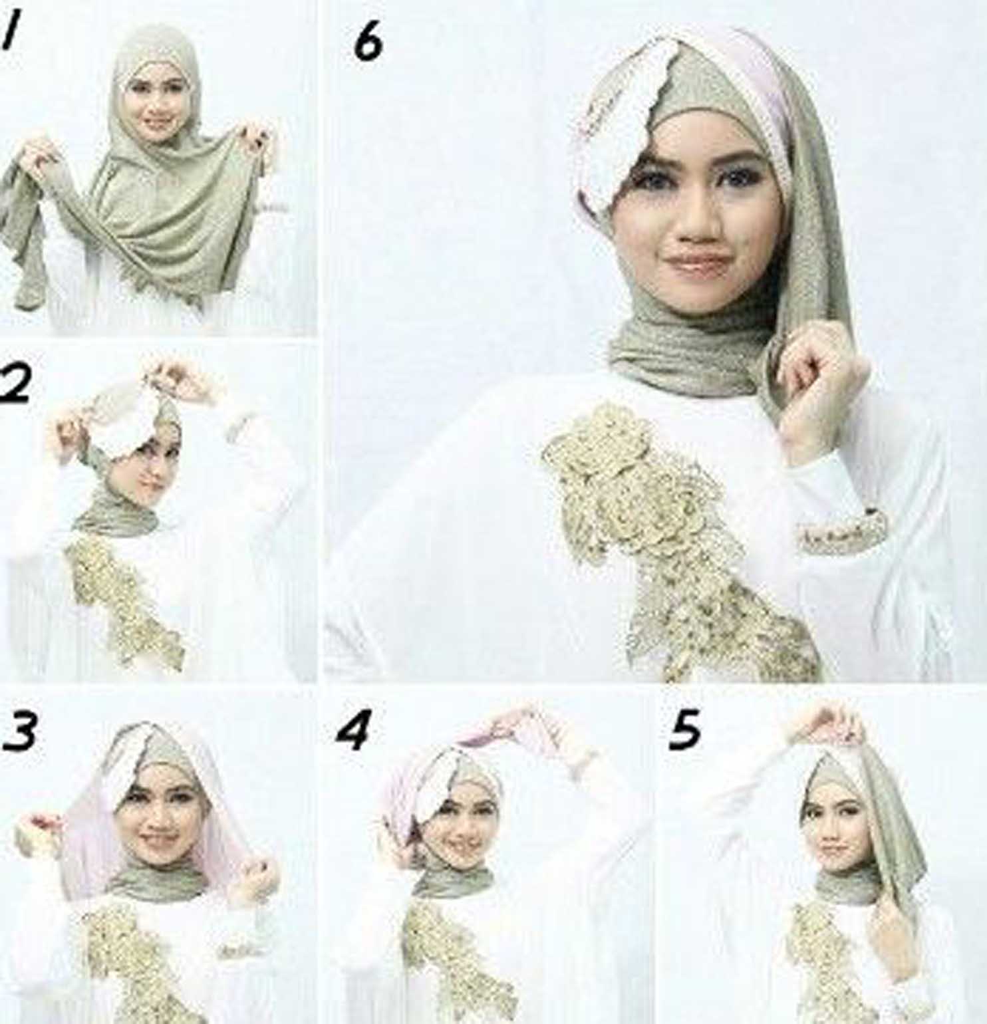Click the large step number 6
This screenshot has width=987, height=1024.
368,43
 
